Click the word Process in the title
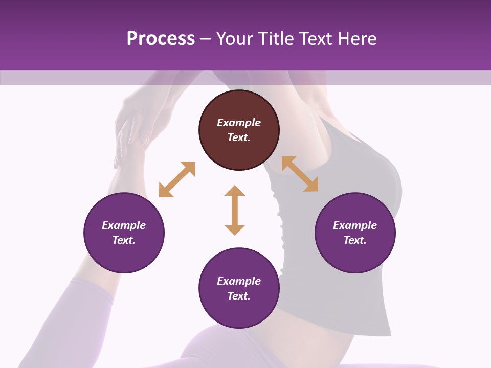[x=161, y=39]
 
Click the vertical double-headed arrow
[x=235, y=210]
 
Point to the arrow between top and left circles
[x=177, y=179]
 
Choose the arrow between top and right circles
[x=300, y=174]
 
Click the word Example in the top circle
[x=239, y=123]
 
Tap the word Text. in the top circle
[x=239, y=137]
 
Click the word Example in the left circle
[x=124, y=225]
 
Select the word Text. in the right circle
[x=355, y=240]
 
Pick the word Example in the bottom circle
[x=239, y=281]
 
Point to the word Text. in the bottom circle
[x=239, y=296]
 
